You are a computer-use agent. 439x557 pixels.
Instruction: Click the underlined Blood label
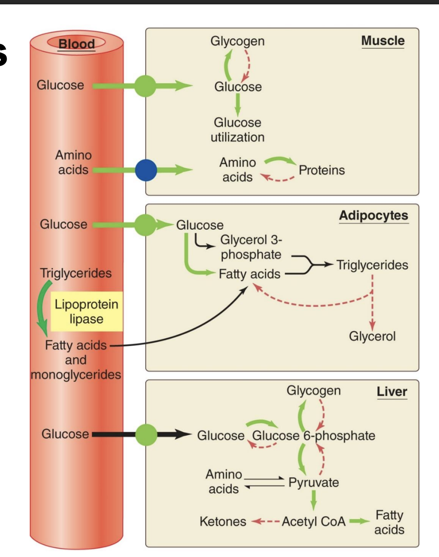pos(76,44)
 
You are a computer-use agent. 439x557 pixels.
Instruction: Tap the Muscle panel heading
pos(383,41)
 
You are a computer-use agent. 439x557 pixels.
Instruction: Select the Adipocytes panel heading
pos(374,215)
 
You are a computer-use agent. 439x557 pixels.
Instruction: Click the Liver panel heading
pos(392,391)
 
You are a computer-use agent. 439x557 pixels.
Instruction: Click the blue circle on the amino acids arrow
pos(146,170)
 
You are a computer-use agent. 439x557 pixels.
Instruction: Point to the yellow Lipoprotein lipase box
pos(86,311)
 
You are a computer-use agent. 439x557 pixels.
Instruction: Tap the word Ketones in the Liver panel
pos(223,521)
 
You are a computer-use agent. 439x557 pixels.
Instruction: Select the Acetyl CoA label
pos(313,521)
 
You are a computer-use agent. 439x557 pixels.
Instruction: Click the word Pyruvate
pos(313,482)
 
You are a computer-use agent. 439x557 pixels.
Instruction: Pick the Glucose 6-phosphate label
pos(313,435)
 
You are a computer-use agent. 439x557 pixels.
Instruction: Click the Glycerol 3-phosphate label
pos(251,247)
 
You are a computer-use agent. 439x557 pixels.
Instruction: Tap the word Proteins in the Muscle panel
pos(322,170)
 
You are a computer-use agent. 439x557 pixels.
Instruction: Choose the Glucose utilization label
pos(237,130)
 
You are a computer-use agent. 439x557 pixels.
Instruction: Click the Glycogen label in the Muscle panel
pos(237,41)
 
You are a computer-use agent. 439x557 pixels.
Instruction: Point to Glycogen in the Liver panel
pos(313,391)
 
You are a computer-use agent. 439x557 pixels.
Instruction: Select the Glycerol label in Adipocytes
pos(372,336)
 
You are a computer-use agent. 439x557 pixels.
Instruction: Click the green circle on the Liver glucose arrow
pos(146,435)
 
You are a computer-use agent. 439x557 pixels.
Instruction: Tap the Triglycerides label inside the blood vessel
pos(76,273)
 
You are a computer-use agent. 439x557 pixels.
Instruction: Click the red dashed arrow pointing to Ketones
pos(265,521)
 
